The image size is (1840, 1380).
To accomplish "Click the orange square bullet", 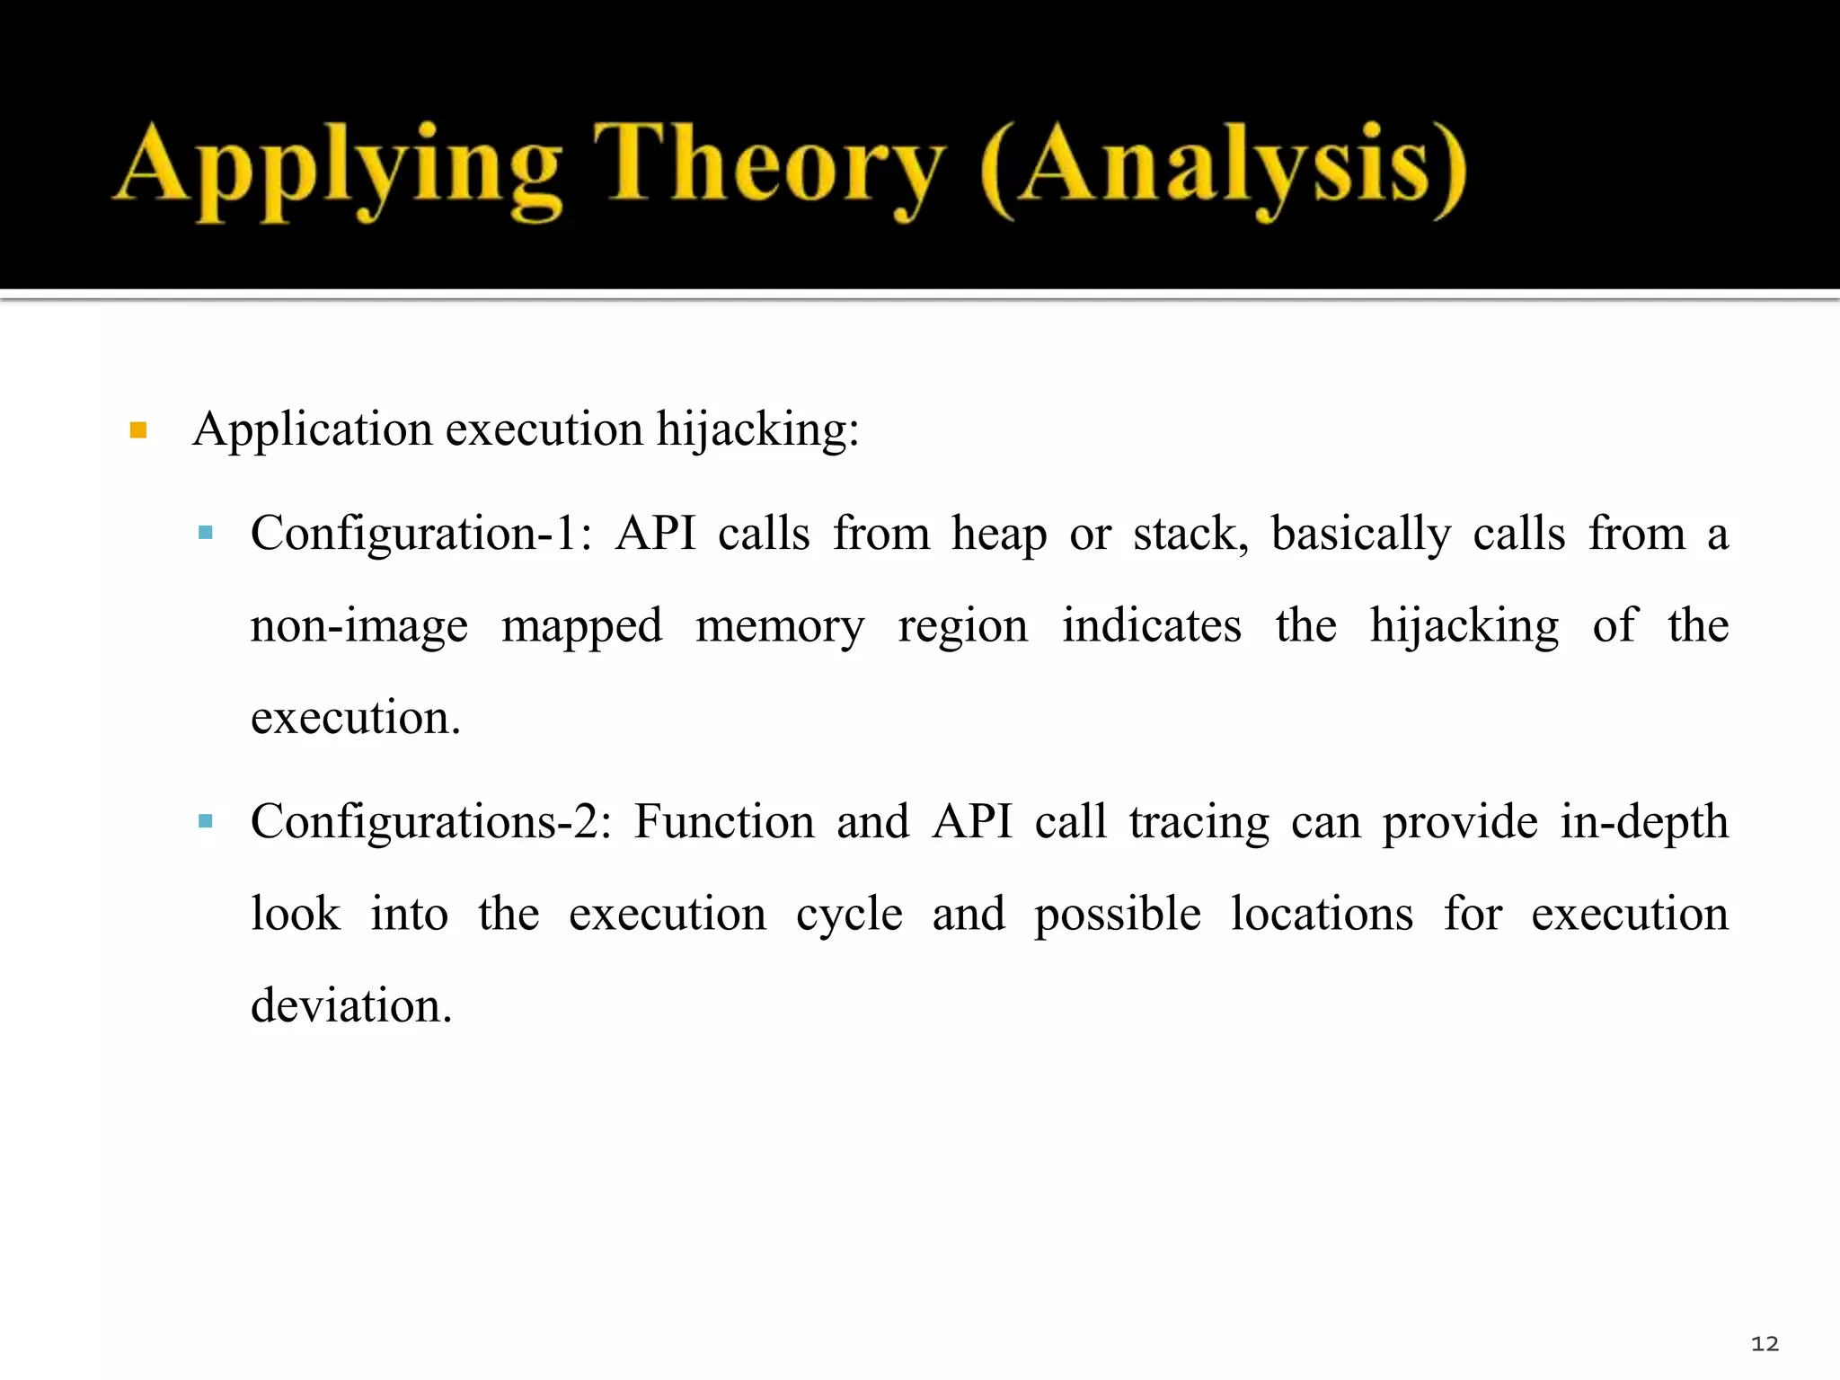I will click(138, 430).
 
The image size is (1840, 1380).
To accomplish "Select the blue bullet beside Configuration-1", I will click(206, 533).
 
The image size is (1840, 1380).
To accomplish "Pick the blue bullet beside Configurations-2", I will click(206, 821).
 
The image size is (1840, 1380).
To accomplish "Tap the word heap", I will click(999, 535).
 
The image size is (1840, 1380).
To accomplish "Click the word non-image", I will click(358, 627).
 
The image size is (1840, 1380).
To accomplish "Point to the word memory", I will click(780, 627).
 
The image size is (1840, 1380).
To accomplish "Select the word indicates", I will click(1152, 625).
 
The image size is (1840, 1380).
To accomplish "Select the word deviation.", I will click(350, 1005).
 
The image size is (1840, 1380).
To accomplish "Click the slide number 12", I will click(1765, 1344).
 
